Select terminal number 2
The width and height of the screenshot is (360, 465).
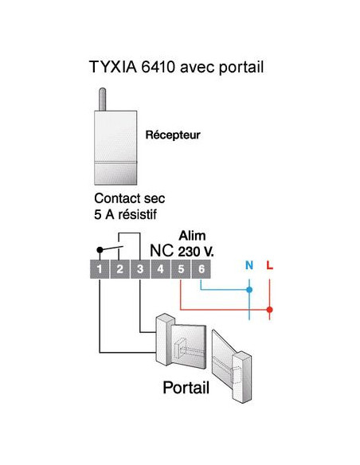coord(119,270)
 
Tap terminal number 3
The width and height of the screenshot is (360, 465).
coord(139,270)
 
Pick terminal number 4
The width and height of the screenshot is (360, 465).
coord(160,270)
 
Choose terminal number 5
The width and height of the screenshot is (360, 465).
coord(181,270)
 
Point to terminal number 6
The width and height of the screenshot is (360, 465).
coord(202,270)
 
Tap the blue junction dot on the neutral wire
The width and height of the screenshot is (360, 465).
coord(249,291)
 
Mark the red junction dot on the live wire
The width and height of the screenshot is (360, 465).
coord(270,309)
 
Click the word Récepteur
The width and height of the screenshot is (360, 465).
coord(172,135)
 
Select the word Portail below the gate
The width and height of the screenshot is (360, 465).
coord(186,389)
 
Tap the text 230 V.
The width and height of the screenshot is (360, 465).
coord(195,251)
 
